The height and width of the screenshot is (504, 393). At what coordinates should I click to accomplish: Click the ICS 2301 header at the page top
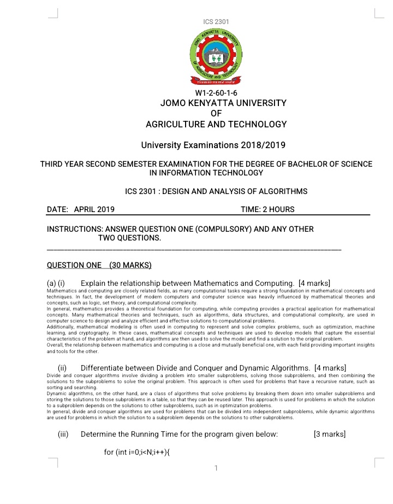(x=216, y=21)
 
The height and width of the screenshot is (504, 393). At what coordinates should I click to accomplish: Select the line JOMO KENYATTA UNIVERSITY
(x=216, y=103)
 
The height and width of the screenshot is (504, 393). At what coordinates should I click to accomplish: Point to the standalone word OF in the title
(x=216, y=113)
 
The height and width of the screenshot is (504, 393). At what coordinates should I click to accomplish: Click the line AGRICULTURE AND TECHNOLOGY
(x=216, y=124)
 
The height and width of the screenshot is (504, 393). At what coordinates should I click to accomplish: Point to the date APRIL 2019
(x=94, y=209)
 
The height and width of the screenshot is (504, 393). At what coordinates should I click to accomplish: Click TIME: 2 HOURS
(x=267, y=209)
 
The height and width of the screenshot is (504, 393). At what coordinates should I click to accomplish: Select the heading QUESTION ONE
(x=74, y=266)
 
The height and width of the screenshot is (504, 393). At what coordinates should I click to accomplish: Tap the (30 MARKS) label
(x=130, y=266)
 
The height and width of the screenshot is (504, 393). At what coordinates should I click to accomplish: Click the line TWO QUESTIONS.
(x=129, y=238)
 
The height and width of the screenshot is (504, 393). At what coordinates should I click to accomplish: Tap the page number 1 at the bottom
(x=216, y=468)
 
